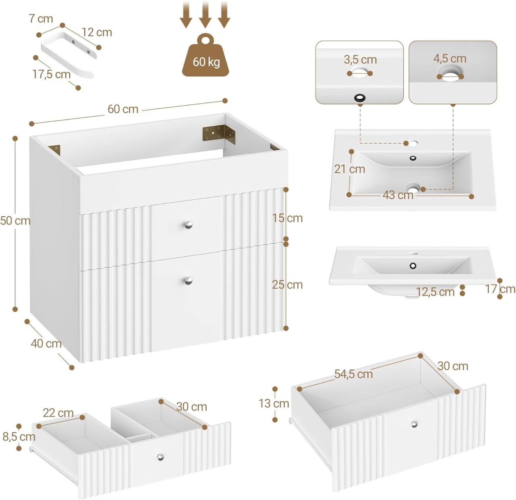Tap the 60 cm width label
[123, 109]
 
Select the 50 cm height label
[15, 221]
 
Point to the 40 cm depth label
[46, 343]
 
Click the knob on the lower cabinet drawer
[188, 280]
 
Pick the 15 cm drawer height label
[287, 218]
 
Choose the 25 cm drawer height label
[287, 285]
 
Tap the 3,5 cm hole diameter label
[360, 60]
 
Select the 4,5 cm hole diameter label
[450, 59]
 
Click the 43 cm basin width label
[398, 195]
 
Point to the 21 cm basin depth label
[350, 169]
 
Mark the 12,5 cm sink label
[435, 292]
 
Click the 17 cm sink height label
[500, 289]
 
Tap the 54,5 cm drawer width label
[354, 374]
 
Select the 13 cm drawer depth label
[274, 404]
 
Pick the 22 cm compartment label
[58, 413]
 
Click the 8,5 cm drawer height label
[19, 437]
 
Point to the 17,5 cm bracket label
[52, 74]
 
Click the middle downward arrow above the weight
[205, 14]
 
